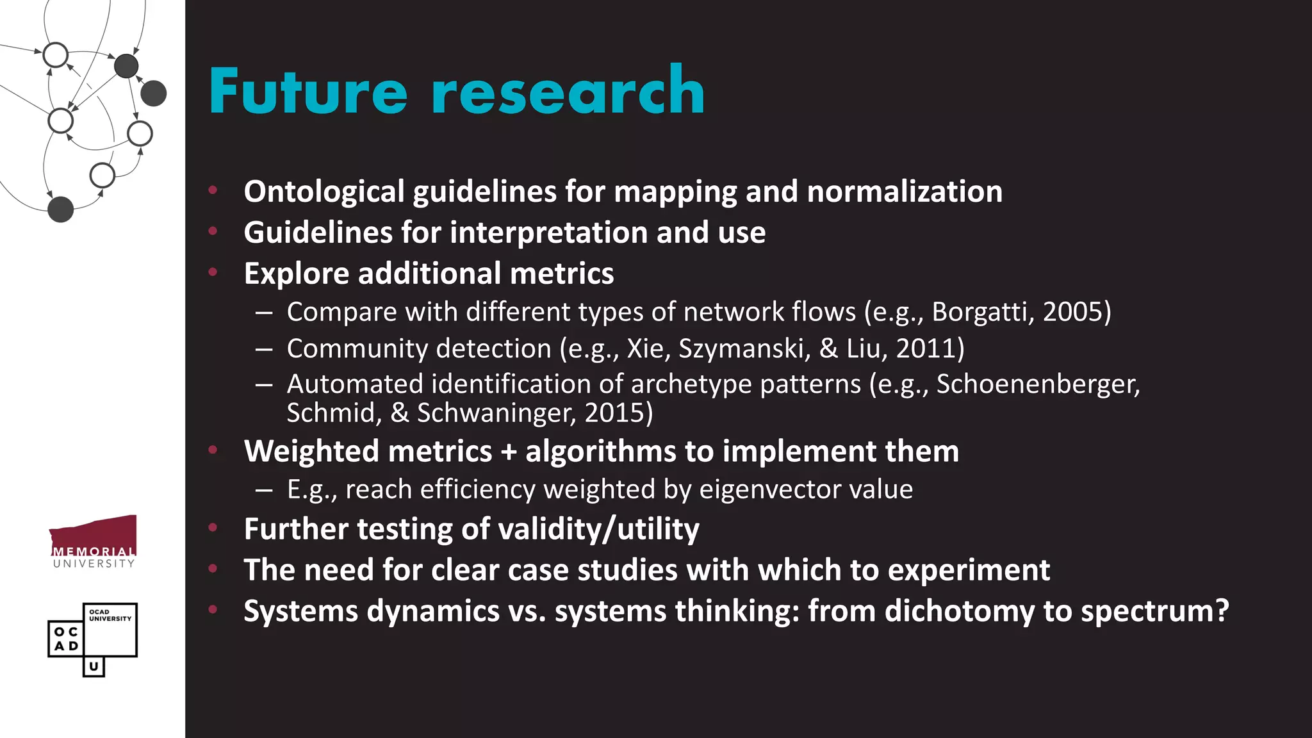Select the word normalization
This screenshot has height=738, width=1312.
(x=905, y=192)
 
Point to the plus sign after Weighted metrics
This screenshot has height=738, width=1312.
(x=509, y=452)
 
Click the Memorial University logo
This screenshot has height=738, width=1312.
(x=94, y=541)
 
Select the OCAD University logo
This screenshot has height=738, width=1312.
(x=93, y=639)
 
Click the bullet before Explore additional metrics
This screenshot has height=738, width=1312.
(x=213, y=272)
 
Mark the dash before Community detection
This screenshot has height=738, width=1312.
(x=263, y=349)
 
